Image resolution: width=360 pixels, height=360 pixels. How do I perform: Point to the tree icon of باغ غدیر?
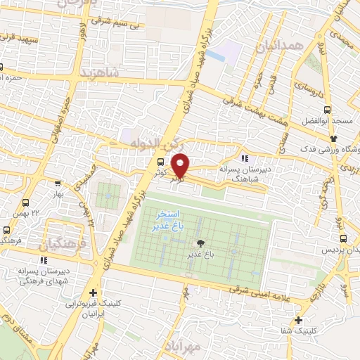(202, 245)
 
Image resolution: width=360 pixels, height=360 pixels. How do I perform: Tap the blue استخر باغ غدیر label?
(167, 220)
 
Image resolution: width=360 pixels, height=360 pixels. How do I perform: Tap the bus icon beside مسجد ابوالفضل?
(326, 110)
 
